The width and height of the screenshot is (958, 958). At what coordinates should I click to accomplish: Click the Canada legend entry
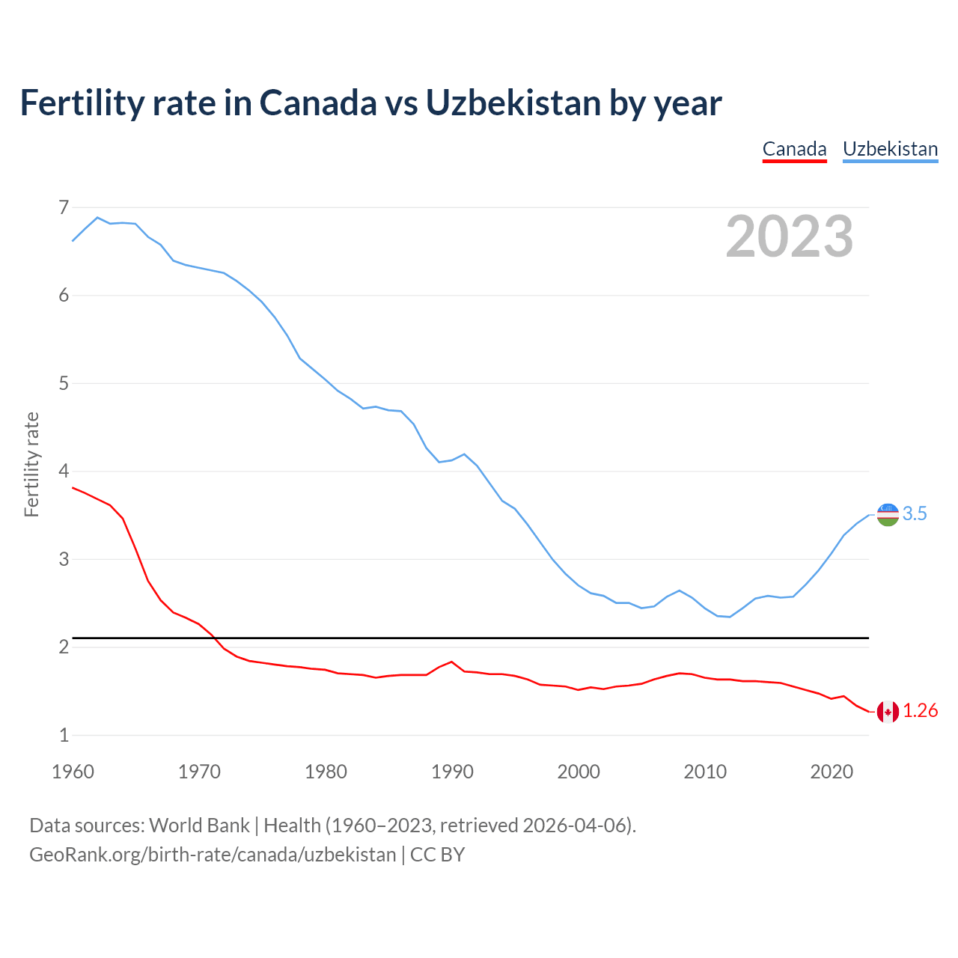click(794, 149)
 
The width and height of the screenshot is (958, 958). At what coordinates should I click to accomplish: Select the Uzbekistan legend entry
click(890, 149)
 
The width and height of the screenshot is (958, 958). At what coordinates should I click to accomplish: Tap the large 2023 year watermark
click(789, 237)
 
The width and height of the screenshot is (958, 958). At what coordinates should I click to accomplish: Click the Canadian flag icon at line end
click(888, 712)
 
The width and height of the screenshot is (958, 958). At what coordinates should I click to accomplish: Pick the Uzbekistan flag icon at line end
click(888, 514)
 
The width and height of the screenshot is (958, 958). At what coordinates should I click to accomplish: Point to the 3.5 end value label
click(915, 514)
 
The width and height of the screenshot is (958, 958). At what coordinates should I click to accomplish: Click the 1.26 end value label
click(920, 711)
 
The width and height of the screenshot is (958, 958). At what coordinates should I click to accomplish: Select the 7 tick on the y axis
click(64, 207)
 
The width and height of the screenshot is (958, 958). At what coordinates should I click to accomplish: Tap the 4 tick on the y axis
click(64, 472)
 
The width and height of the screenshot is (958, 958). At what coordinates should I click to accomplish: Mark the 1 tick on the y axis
click(64, 735)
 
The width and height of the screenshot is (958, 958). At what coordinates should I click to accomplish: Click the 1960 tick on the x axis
click(73, 772)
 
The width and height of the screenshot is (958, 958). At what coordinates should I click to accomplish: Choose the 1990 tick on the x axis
click(452, 772)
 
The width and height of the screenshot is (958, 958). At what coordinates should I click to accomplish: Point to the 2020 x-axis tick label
click(832, 772)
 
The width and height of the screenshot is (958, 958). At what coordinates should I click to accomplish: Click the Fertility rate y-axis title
click(31, 464)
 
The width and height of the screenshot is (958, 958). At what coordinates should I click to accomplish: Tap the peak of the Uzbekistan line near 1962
click(97, 218)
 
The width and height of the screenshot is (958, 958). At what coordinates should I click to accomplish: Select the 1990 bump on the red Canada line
click(451, 662)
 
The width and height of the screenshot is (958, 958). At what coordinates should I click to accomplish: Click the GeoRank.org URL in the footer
click(213, 855)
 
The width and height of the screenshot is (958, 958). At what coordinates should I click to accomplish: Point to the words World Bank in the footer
click(199, 826)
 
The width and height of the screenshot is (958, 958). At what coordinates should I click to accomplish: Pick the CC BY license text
click(437, 855)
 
